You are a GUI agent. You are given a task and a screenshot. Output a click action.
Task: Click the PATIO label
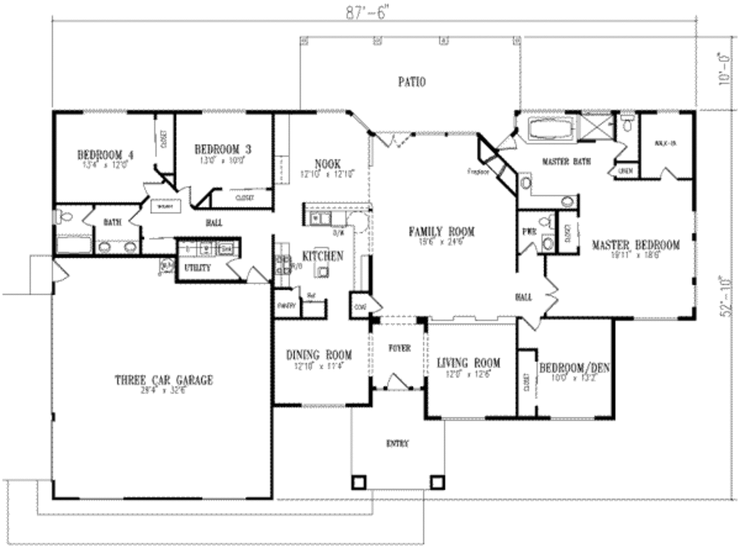pos(411,82)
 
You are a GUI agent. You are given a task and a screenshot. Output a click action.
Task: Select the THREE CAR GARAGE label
pos(164,380)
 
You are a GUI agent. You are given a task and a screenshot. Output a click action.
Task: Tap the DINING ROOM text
pos(319,355)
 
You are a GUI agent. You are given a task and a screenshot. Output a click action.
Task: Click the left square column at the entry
pos(358,481)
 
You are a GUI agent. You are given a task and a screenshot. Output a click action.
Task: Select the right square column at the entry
pos(436,481)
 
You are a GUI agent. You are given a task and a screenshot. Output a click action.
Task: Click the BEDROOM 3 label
pos(223,149)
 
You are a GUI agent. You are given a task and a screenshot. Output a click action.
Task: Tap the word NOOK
pos(327,164)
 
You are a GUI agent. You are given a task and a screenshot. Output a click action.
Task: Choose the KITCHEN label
pos(322,256)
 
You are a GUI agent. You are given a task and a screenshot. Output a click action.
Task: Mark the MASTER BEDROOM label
pos(636,245)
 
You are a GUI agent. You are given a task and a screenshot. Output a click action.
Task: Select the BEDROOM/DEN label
pos(575,367)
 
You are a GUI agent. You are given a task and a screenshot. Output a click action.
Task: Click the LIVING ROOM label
pos(468,362)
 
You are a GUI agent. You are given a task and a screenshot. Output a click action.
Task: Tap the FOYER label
pos(399,348)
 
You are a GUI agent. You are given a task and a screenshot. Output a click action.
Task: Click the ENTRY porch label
pos(397,444)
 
